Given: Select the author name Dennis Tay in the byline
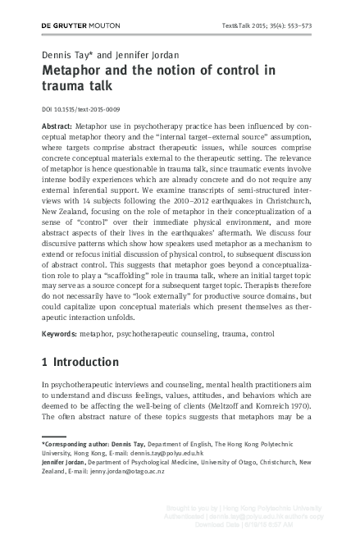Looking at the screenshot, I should coord(65,54).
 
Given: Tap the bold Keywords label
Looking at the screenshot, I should coord(62,334).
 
